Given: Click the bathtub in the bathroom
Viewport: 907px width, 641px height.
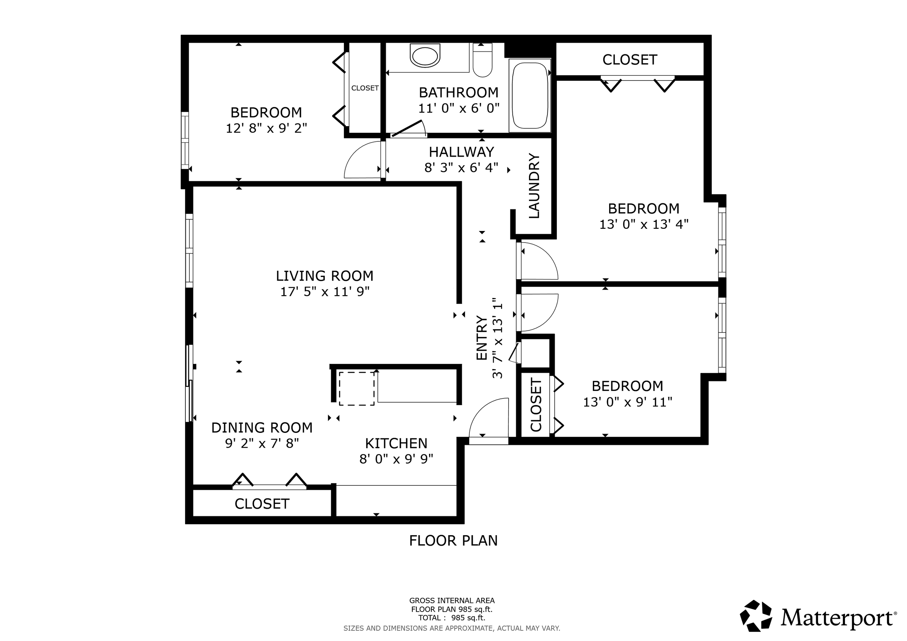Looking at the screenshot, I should tap(530, 95).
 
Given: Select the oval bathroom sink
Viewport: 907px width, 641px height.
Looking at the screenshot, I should tap(425, 56).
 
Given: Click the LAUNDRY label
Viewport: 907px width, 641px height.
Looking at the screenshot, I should tap(534, 186).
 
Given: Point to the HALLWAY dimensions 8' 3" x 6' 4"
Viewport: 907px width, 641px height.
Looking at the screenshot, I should tap(461, 168).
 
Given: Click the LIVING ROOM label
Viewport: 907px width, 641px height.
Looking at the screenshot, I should tap(324, 276).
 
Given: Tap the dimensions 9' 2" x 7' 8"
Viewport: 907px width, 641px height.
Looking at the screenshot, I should tap(262, 443).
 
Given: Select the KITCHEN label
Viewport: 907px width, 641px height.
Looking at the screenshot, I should tap(396, 443).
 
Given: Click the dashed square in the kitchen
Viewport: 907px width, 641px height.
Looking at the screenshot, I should tap(357, 388).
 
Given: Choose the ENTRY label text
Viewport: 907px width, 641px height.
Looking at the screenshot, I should tap(481, 338).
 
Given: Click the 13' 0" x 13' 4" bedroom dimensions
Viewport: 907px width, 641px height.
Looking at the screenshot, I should tap(644, 224).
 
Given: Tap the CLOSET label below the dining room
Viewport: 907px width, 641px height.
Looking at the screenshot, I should tap(262, 504).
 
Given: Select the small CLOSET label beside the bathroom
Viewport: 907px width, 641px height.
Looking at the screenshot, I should tap(365, 88).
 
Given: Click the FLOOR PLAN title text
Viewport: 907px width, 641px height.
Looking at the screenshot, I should tap(453, 540).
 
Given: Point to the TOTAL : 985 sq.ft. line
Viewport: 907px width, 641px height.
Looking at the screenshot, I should tap(452, 618).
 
